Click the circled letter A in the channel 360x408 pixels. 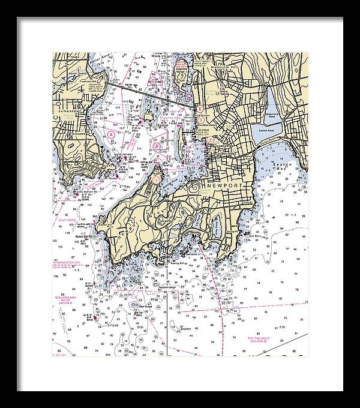[112, 134]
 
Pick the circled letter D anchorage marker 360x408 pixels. [157, 145]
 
